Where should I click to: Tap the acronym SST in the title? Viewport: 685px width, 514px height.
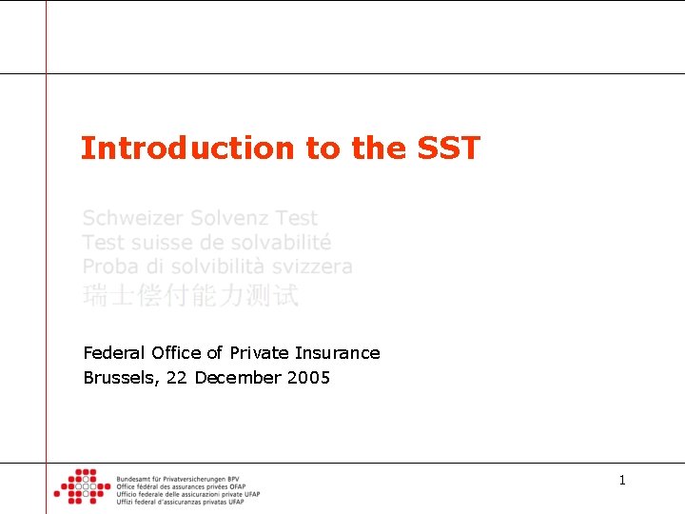tap(448, 148)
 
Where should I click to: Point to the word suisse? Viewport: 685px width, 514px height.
tap(156, 243)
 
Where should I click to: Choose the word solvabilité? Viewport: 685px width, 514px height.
tap(276, 243)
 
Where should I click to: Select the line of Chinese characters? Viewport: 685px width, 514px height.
tap(190, 296)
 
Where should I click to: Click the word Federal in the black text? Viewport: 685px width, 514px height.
tap(111, 353)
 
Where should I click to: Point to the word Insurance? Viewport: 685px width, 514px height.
tap(336, 353)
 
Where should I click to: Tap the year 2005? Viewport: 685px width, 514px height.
tap(306, 378)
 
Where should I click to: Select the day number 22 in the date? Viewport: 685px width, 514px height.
tap(176, 378)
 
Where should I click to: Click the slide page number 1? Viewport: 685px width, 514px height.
tap(622, 481)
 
